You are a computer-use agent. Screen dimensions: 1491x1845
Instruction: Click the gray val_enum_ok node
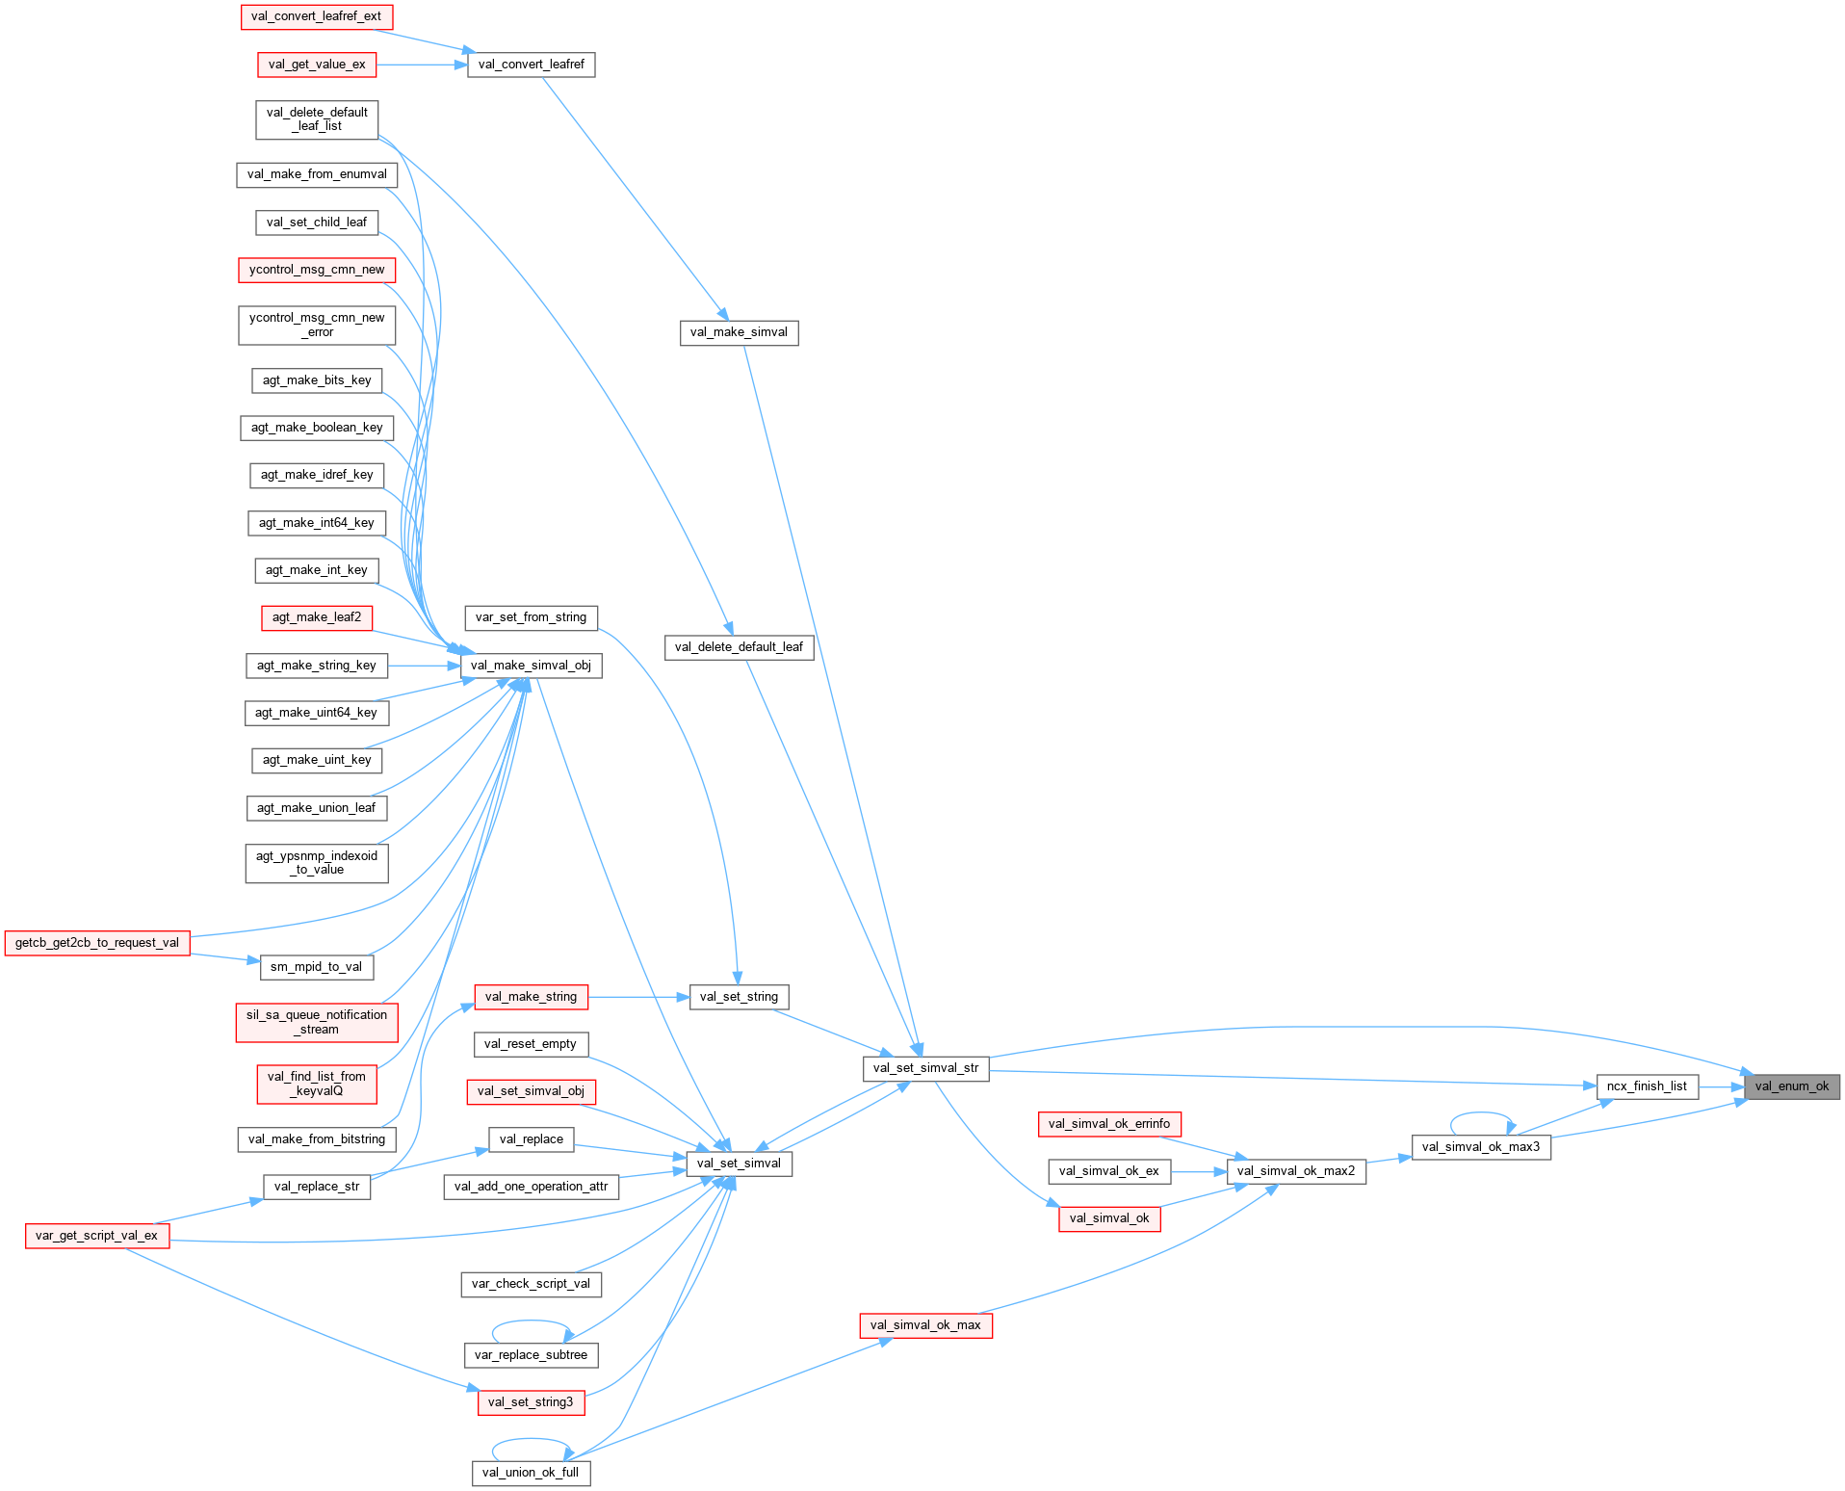tap(1791, 1086)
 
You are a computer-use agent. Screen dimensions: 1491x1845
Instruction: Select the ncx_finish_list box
tap(1647, 1086)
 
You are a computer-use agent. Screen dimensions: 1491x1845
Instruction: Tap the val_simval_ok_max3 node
tap(1480, 1147)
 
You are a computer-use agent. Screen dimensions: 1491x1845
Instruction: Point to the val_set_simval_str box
tap(925, 1068)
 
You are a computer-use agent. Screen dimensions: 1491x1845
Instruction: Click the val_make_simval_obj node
tap(531, 666)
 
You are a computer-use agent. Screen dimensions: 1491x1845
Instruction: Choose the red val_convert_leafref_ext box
tap(316, 16)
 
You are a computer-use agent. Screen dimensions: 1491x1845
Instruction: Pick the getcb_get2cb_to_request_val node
tap(96, 943)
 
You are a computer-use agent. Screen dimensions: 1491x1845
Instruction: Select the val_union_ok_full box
tap(531, 1473)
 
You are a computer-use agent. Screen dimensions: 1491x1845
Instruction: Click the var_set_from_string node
tap(531, 617)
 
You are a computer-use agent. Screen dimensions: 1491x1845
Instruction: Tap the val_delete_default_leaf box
tap(739, 647)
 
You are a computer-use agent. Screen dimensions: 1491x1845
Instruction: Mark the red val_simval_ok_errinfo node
tap(1109, 1124)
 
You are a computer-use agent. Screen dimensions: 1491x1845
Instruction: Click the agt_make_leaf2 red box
tap(317, 617)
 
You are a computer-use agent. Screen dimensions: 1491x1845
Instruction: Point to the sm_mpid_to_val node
tap(316, 967)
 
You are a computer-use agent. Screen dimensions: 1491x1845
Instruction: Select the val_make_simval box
tap(739, 332)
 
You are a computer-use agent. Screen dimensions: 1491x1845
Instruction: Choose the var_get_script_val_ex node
tap(96, 1236)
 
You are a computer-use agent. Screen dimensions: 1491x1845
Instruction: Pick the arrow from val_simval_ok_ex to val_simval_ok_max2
tap(1198, 1172)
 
